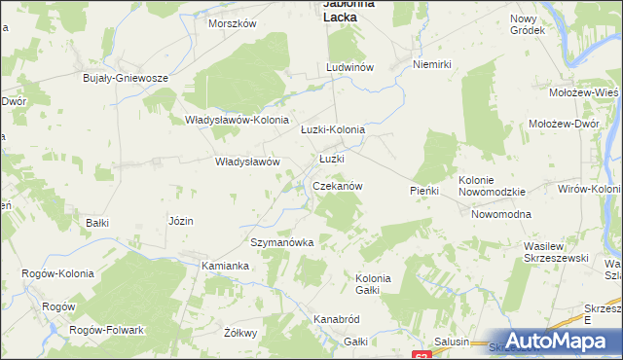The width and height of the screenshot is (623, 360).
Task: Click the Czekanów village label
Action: tap(338, 185)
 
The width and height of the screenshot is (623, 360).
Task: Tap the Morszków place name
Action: tap(232, 22)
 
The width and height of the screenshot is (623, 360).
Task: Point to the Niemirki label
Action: tap(434, 64)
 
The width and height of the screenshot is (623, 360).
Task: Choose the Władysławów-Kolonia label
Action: tap(233, 121)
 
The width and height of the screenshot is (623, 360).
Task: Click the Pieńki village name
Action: tap(424, 192)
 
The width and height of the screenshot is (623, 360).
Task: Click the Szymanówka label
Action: tap(282, 242)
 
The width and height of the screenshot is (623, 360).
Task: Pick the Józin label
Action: tap(180, 221)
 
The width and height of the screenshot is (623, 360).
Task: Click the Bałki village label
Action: tap(97, 223)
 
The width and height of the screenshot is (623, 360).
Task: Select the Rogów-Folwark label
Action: tap(107, 330)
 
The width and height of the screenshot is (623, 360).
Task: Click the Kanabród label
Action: tap(338, 318)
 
